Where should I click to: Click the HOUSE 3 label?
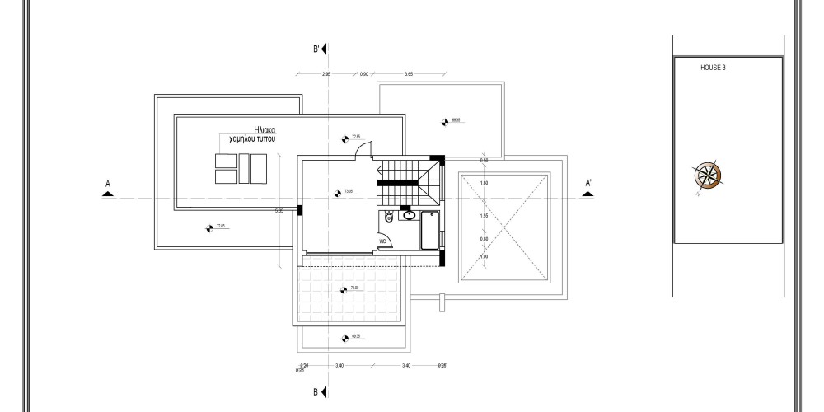tap(713, 68)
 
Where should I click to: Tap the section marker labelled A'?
tap(588, 185)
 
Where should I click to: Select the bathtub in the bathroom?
tap(428, 230)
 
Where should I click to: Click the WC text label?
tap(382, 241)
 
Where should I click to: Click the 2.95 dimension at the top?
tap(325, 74)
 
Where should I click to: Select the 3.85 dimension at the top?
tap(409, 74)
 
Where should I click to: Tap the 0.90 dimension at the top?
tap(363, 74)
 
